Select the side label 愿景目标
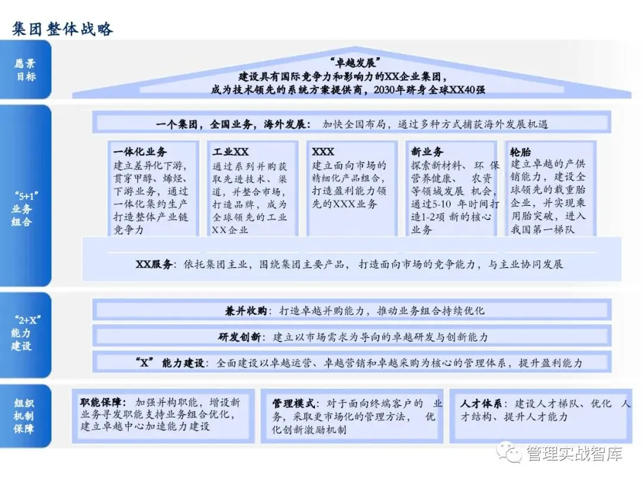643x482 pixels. tap(25, 70)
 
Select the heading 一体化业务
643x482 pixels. tap(140, 152)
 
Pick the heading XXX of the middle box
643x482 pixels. tap(323, 152)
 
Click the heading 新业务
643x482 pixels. tap(427, 152)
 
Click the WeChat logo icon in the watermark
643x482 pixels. tap(510, 453)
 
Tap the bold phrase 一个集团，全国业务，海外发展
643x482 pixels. tap(233, 124)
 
